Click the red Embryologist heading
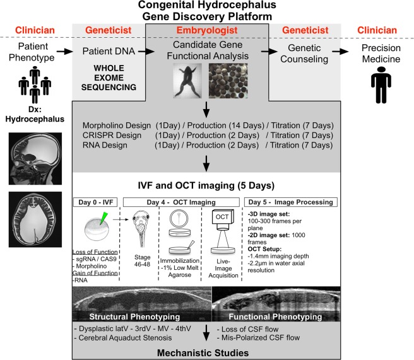point(207,31)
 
